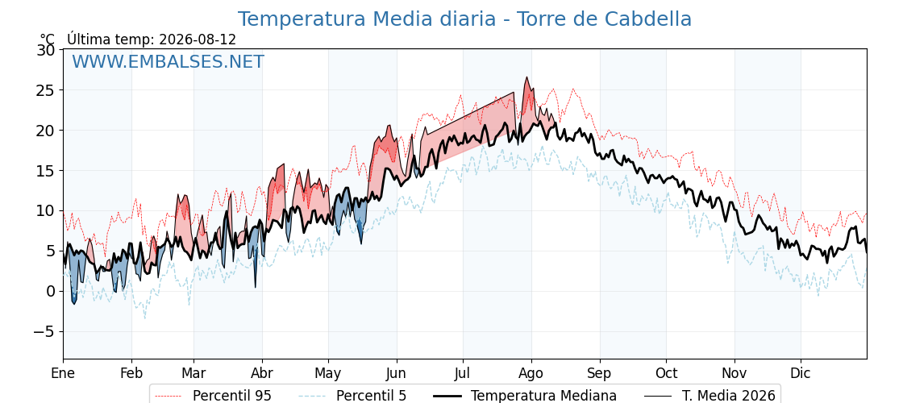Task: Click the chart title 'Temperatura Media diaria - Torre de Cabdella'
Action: [464, 19]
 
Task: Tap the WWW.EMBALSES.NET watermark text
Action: [169, 61]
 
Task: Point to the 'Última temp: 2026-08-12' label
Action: [152, 39]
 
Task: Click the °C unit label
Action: [48, 39]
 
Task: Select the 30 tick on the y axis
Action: [46, 50]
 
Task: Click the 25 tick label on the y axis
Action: [46, 90]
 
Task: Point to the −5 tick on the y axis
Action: [42, 331]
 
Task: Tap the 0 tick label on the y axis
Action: [51, 291]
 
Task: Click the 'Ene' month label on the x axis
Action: [64, 373]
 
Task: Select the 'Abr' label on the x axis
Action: [263, 373]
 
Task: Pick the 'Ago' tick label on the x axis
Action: [531, 373]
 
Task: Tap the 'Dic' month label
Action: [801, 373]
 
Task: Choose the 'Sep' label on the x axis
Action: [600, 373]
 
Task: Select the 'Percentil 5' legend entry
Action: [353, 396]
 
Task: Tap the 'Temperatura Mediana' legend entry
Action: [523, 396]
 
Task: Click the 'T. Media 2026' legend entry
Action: [710, 396]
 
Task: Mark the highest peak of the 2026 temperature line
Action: [526, 77]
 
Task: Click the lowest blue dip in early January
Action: [73, 303]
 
